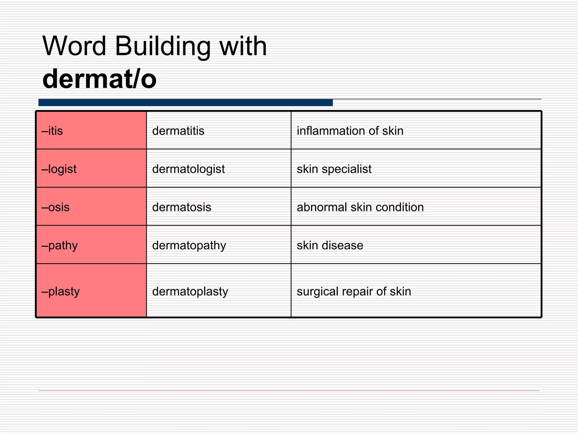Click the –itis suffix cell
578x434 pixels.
coord(91,130)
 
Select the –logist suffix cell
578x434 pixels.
coord(91,168)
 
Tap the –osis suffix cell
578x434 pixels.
coord(91,207)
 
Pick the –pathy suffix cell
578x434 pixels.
coord(91,245)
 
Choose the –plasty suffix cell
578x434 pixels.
coord(91,291)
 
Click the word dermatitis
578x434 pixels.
coord(178,131)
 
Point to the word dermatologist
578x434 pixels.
coord(188,169)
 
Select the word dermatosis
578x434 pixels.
coord(181,207)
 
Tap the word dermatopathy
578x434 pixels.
coord(189,245)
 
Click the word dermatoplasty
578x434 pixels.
coord(190,291)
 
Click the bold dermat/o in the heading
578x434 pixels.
coord(99,79)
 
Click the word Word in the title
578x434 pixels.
coord(74,46)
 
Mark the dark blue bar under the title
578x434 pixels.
coord(185,103)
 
